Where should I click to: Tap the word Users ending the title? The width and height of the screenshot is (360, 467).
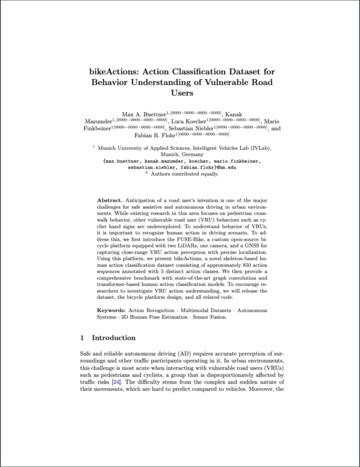pyautogui.click(x=182, y=93)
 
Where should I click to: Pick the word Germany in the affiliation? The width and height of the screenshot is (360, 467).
pyautogui.click(x=191, y=155)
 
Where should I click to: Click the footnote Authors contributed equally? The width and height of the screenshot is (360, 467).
pyautogui.click(x=185, y=174)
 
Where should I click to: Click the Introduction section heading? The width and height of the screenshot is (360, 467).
pyautogui.click(x=114, y=338)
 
